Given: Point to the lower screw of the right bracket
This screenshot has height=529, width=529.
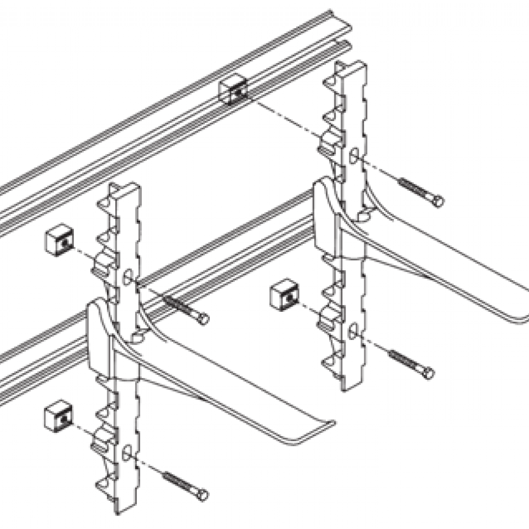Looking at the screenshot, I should pyautogui.click(x=410, y=364).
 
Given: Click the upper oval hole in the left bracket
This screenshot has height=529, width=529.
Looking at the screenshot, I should pyautogui.click(x=128, y=277).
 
